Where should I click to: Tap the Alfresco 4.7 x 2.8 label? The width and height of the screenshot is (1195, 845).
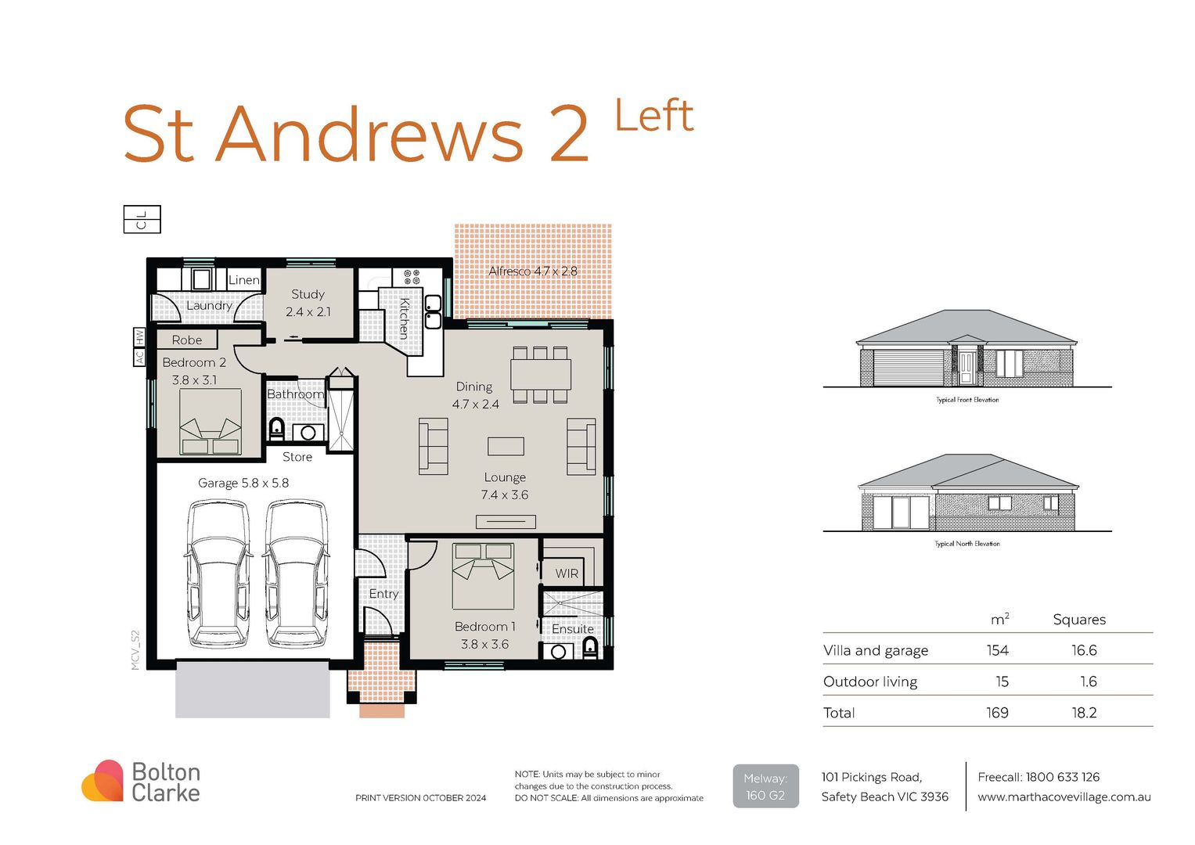532,271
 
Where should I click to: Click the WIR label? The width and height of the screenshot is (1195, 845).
567,574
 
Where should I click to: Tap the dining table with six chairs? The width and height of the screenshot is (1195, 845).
541,375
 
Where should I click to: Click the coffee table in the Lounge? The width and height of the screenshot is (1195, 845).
506,446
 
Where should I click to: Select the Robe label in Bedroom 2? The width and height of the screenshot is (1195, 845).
187,340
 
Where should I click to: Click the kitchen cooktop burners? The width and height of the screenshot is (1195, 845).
411,276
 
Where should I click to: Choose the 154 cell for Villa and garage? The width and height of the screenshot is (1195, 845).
997,650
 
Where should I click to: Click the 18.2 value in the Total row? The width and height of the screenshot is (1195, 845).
1084,713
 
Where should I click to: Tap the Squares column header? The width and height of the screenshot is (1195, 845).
1079,620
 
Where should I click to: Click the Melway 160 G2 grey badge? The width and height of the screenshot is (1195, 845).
765,786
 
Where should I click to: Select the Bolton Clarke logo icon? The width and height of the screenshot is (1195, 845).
103,781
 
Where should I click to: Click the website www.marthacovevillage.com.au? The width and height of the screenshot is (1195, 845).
1064,797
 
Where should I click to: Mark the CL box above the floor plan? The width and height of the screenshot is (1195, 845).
142,219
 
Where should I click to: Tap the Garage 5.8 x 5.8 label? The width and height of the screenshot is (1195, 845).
243,483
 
